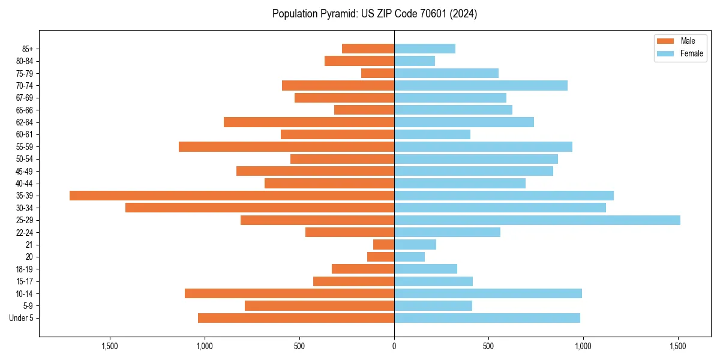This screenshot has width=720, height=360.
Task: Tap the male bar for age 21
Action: pyautogui.click(x=383, y=245)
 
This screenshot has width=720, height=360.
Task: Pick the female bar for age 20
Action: pyautogui.click(x=409, y=257)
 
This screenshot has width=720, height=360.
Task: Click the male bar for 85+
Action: pyautogui.click(x=368, y=49)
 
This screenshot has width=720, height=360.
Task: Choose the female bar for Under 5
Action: pyautogui.click(x=487, y=318)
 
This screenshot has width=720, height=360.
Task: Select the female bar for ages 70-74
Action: pyautogui.click(x=481, y=85)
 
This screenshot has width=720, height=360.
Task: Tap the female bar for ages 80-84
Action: pyautogui.click(x=415, y=61)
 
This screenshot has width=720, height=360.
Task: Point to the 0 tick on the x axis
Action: pyautogui.click(x=394, y=346)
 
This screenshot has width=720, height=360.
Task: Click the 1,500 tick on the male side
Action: pyautogui.click(x=110, y=346)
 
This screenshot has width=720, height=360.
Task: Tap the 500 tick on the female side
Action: pyautogui.click(x=489, y=346)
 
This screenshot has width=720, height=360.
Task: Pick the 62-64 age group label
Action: pyautogui.click(x=25, y=122)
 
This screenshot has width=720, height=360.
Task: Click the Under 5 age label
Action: pyautogui.click(x=21, y=318)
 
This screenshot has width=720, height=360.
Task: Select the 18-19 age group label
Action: pyautogui.click(x=25, y=269)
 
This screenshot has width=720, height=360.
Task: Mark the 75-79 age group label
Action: pyautogui.click(x=25, y=73)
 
